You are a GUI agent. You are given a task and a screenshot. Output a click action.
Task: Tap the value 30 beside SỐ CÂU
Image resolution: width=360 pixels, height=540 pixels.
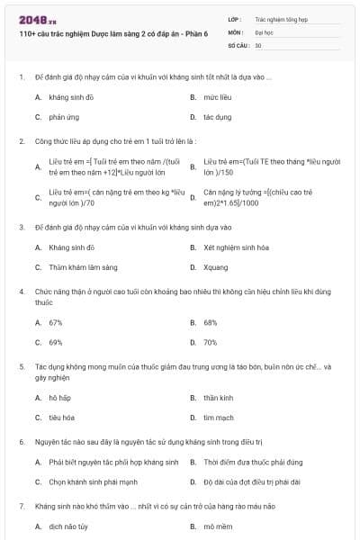[258, 44]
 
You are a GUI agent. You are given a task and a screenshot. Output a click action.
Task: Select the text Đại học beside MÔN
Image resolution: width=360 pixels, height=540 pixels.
[265, 31]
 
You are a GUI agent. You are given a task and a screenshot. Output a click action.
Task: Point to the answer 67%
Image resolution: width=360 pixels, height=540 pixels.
[56, 321]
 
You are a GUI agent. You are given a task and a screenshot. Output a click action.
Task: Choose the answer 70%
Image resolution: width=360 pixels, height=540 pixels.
[210, 342]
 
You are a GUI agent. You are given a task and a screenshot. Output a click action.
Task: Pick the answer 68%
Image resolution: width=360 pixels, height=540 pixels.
[210, 321]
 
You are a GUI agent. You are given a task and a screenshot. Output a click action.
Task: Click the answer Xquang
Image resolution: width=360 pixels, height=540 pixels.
[215, 267]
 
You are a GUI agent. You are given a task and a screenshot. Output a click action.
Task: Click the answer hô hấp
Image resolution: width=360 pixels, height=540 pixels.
[59, 397]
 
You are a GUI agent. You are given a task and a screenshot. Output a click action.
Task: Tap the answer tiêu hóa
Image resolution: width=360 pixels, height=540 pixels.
[62, 418]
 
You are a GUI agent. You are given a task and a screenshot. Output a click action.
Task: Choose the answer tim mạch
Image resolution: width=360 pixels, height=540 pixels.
[218, 418]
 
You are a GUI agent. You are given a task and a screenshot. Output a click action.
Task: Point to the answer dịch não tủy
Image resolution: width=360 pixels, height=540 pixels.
[68, 526]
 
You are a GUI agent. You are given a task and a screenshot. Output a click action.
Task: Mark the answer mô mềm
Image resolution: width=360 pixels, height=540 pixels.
[217, 526]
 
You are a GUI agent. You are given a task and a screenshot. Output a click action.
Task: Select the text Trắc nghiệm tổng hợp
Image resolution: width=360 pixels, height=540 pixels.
[282, 18]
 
